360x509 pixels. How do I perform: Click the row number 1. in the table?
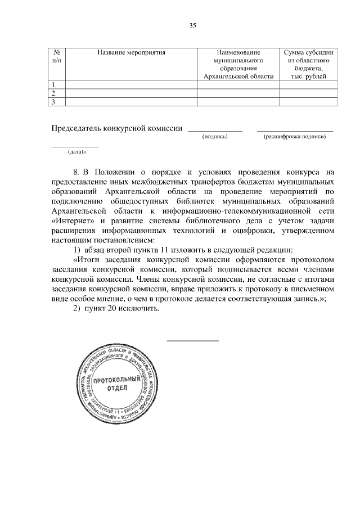point(55,84)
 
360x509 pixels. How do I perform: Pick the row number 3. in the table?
point(55,102)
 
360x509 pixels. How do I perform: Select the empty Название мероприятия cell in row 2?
point(130,93)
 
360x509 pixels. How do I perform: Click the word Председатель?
point(76,128)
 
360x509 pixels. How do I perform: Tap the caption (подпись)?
point(214,136)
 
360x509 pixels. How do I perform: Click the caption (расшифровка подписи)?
point(295,136)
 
